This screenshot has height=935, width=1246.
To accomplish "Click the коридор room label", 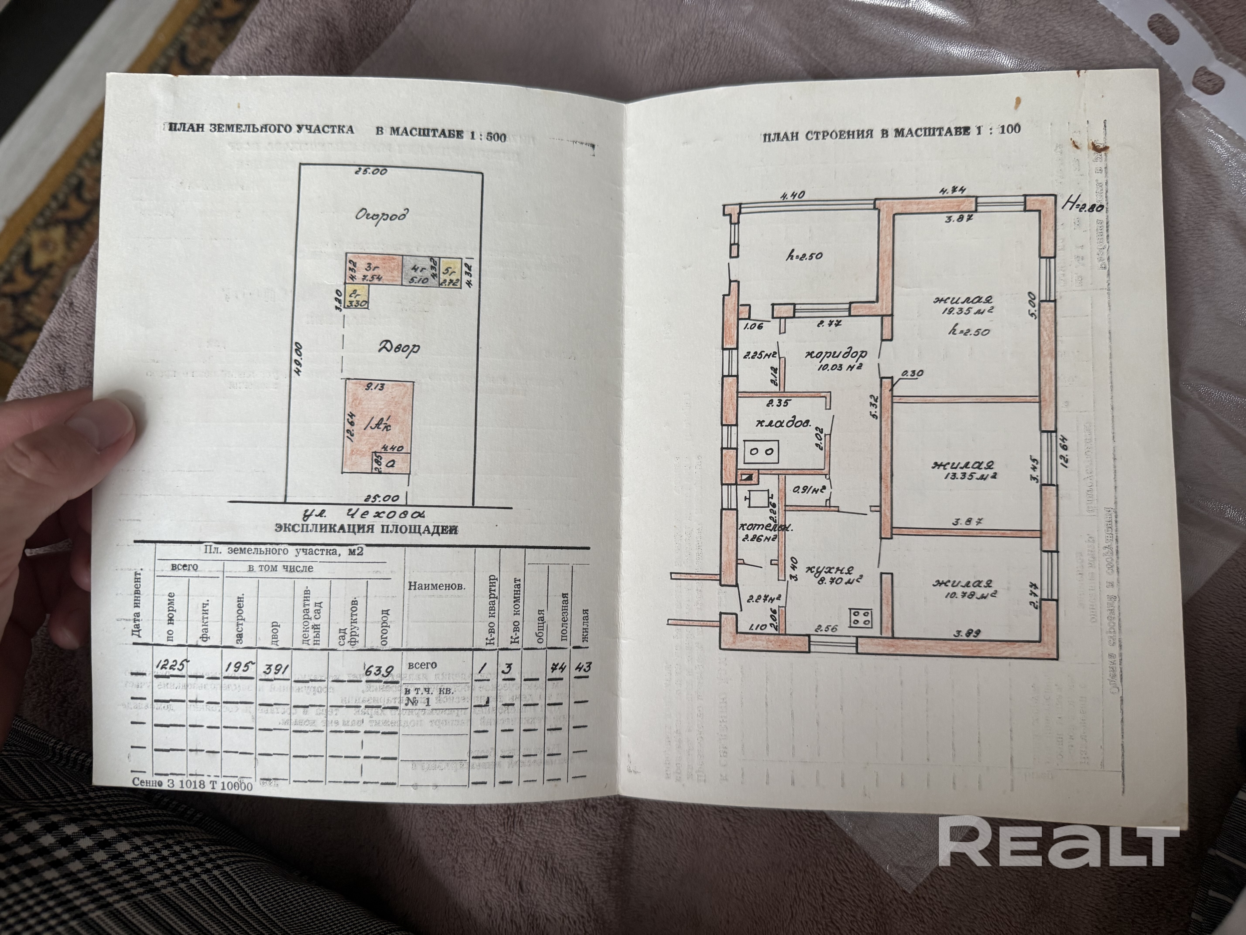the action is [835, 355].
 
